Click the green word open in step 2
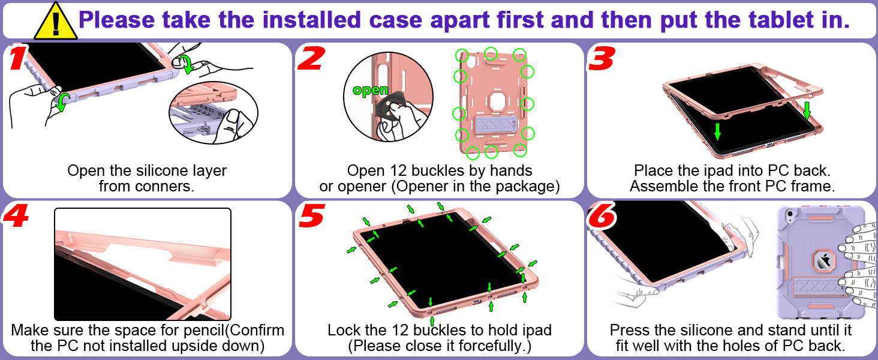pyautogui.click(x=371, y=91)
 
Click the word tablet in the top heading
pyautogui.click(x=763, y=20)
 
